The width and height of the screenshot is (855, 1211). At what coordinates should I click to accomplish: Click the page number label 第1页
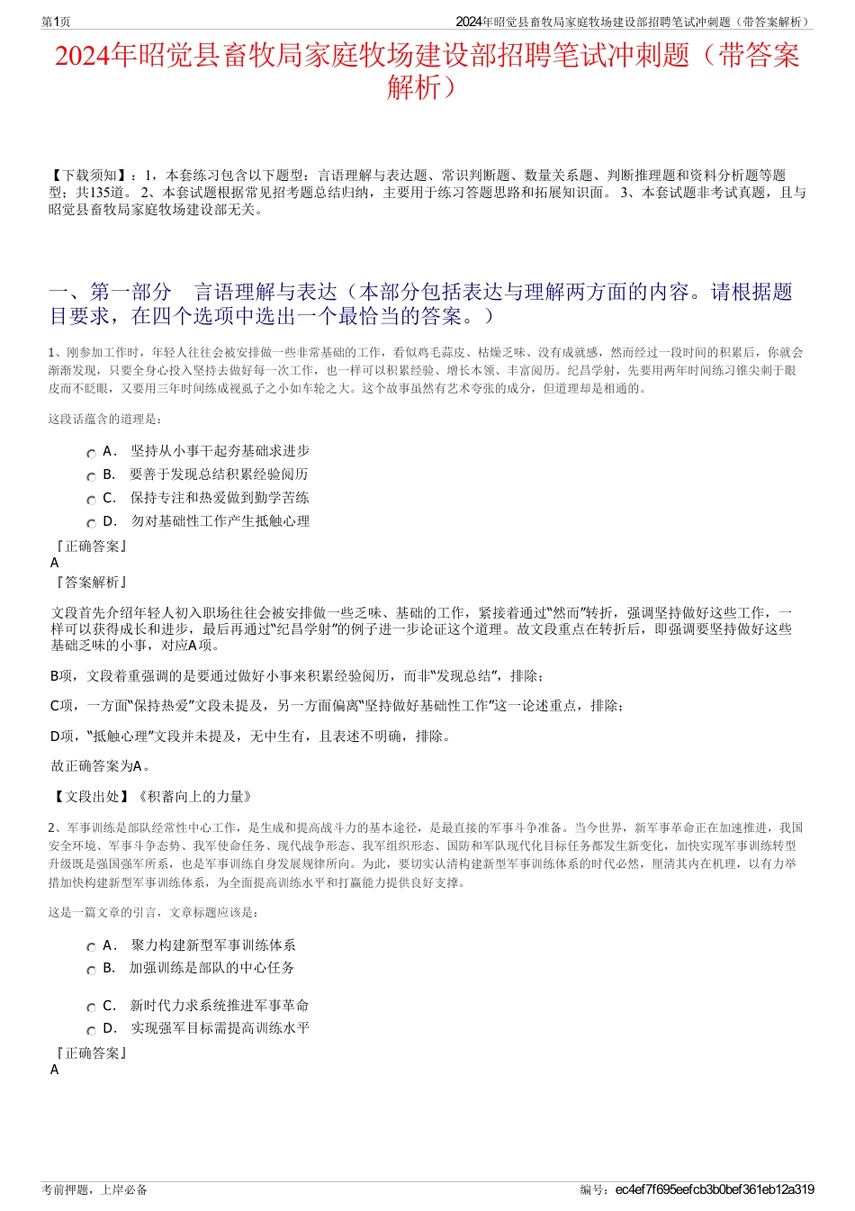pyautogui.click(x=56, y=22)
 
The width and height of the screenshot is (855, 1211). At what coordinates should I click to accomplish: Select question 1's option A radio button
pyautogui.click(x=91, y=454)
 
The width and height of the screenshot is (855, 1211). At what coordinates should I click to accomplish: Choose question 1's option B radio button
pyautogui.click(x=91, y=477)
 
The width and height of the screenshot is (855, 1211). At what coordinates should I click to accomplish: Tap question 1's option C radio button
pyautogui.click(x=91, y=501)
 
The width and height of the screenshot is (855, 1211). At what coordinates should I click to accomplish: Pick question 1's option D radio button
pyautogui.click(x=91, y=524)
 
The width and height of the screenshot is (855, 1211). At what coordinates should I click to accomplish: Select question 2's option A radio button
pyautogui.click(x=91, y=948)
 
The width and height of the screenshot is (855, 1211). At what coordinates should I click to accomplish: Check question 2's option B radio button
pyautogui.click(x=91, y=971)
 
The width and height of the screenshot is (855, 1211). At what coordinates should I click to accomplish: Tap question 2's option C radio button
pyautogui.click(x=91, y=1008)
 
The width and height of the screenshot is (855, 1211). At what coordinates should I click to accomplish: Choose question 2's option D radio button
pyautogui.click(x=91, y=1031)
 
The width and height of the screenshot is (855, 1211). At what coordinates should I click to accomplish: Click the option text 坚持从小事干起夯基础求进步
pyautogui.click(x=220, y=451)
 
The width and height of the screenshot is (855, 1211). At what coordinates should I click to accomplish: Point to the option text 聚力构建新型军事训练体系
pyautogui.click(x=212, y=945)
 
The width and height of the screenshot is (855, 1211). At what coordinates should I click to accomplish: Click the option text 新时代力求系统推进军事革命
pyautogui.click(x=219, y=1006)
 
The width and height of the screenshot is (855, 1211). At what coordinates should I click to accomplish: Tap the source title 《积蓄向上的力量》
pyautogui.click(x=195, y=797)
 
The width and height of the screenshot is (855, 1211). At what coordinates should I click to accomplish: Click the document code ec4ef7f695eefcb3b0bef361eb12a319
pyautogui.click(x=715, y=1189)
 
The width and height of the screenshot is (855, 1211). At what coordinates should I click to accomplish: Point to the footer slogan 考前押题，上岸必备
pyautogui.click(x=94, y=1189)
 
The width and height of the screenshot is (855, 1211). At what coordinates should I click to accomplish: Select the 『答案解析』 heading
pyautogui.click(x=91, y=583)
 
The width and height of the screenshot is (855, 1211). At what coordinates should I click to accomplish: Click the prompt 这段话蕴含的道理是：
pyautogui.click(x=105, y=419)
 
